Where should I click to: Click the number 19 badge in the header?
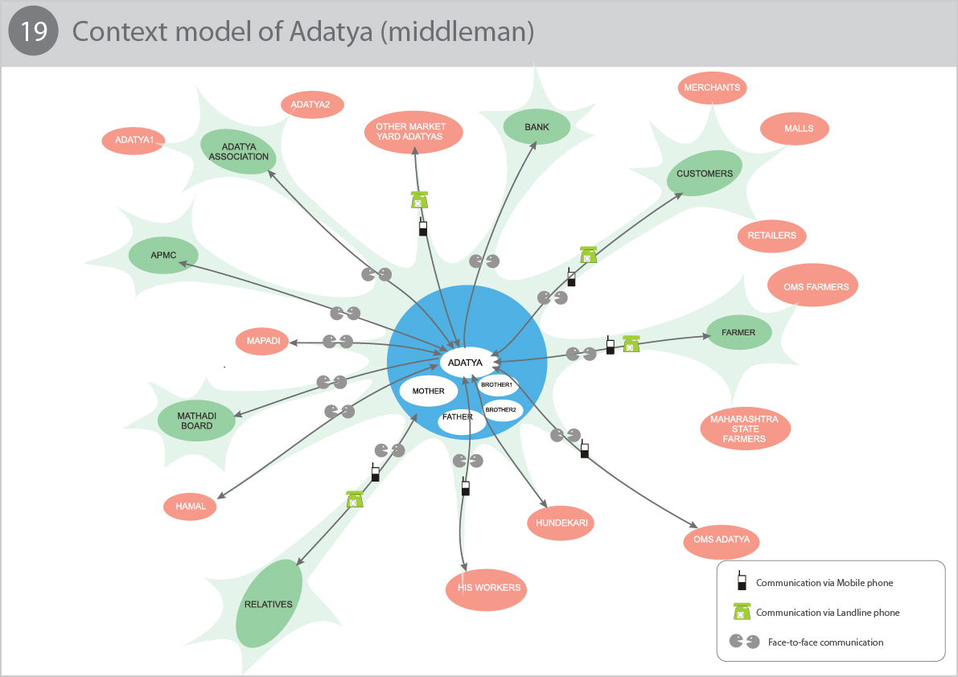[x=33, y=32]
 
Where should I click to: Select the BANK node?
[x=537, y=127]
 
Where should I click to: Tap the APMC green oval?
[x=163, y=256]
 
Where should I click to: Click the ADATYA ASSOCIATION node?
[x=239, y=151]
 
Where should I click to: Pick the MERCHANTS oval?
[x=712, y=88]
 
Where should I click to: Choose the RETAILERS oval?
[x=771, y=236]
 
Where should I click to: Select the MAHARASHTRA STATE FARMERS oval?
[x=744, y=429]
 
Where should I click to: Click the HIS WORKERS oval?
[x=488, y=588]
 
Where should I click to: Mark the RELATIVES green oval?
[x=269, y=604]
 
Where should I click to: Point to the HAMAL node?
[x=191, y=507]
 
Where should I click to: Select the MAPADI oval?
[x=263, y=341]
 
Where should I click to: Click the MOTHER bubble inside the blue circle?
[x=428, y=391]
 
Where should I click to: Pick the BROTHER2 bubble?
[x=500, y=410]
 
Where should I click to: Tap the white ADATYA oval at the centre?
[x=465, y=363]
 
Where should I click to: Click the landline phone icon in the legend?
[x=741, y=612]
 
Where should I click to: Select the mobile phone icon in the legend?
[x=740, y=581]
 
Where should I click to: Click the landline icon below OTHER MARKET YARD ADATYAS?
[x=419, y=200]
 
